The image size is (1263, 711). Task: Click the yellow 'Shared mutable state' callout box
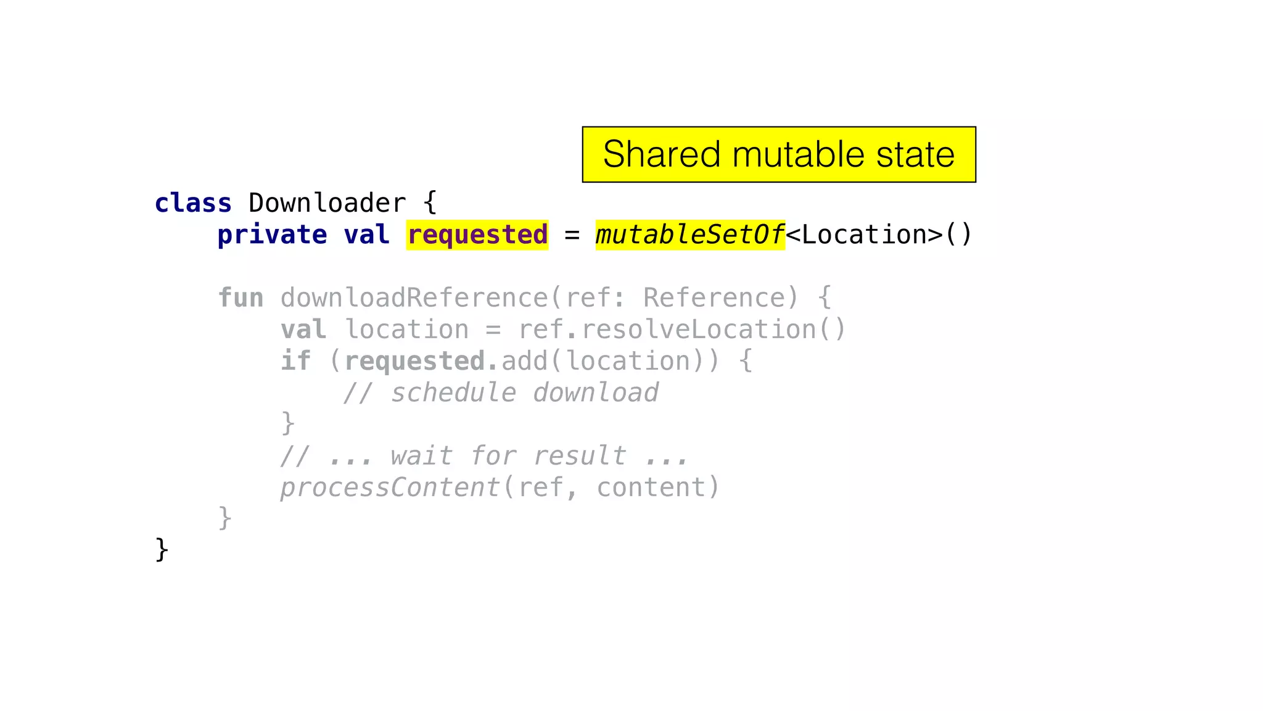778,154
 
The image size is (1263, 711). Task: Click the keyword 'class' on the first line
193,203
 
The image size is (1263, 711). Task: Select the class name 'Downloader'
327,203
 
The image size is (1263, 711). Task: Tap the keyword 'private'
272,235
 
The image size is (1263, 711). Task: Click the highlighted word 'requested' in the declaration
477,235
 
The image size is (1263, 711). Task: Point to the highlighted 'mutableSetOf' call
689,235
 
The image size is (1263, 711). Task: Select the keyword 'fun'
241,298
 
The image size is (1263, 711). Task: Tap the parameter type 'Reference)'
722,298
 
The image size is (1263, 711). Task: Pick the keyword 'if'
295,361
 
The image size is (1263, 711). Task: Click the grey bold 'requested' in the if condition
414,361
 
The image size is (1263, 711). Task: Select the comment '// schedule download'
501,393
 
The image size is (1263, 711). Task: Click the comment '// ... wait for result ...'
484,456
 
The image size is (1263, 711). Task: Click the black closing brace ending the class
162,549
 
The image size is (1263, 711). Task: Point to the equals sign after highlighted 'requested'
572,235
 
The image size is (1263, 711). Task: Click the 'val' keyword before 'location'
303,330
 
